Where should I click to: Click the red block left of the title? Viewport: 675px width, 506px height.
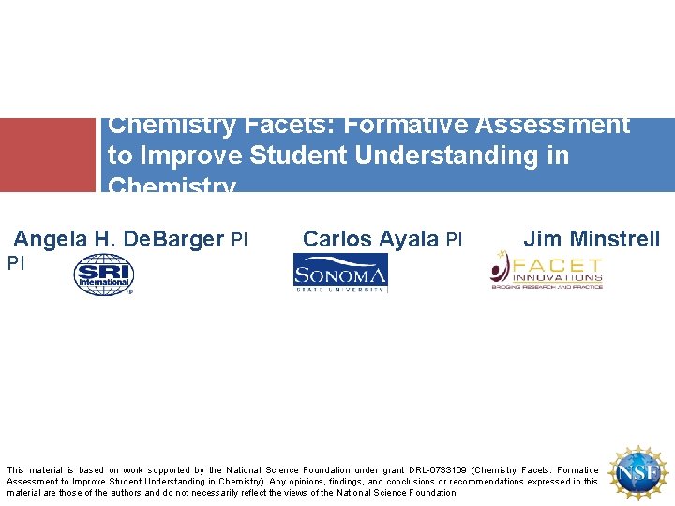[x=48, y=155]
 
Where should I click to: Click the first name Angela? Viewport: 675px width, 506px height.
[x=52, y=240]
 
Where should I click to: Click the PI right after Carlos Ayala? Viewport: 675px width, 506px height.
[x=454, y=240]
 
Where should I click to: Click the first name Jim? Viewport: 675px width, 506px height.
[x=543, y=240]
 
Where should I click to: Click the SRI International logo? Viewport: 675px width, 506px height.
[x=104, y=276]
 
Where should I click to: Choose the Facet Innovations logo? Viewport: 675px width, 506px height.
[x=547, y=273]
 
